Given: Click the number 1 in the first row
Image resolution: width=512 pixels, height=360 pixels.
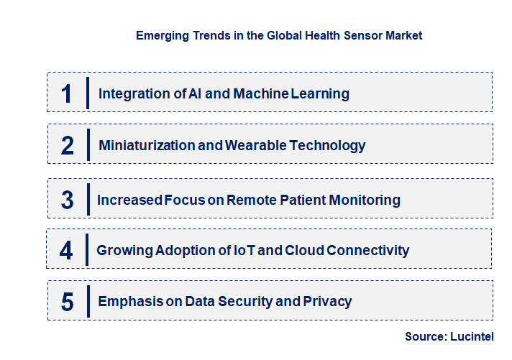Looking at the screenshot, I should click(66, 93).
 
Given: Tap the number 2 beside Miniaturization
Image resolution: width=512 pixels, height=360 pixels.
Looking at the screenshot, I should click(68, 146).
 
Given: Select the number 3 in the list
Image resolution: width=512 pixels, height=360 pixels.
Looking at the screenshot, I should click(68, 200).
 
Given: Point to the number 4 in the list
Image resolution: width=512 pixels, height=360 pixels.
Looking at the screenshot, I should click(67, 250).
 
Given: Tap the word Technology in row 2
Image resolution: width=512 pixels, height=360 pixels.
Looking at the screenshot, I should click(331, 146).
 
